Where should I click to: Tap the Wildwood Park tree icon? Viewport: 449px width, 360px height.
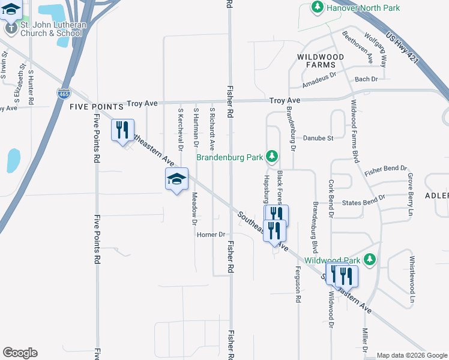[x=371, y=259]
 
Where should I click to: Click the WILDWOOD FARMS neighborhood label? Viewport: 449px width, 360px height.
[x=321, y=60]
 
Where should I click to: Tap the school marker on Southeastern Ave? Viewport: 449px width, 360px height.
[x=176, y=180]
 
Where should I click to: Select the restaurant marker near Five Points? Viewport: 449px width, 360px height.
[x=122, y=130]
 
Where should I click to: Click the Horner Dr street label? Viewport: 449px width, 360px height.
[x=210, y=235]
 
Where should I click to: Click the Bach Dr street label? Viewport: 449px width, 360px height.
[x=366, y=79]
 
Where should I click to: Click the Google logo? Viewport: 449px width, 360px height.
[x=20, y=353]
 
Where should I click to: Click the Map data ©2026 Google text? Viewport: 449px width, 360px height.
[x=411, y=355]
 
